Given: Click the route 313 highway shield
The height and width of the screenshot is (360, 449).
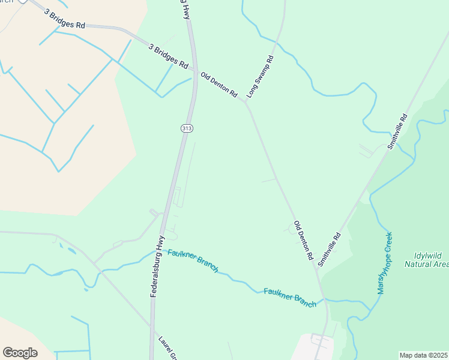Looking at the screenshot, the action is tap(186, 128).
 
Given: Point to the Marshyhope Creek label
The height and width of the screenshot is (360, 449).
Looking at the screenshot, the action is tap(384, 263).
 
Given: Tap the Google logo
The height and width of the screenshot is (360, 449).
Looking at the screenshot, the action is tap(20, 353).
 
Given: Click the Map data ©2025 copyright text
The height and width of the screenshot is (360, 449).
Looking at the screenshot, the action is tap(423, 355).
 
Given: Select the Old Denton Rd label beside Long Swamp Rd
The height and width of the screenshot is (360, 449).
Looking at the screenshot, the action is tap(219, 85).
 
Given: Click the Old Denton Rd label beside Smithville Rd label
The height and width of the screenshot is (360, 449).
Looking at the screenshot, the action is tap(304, 240).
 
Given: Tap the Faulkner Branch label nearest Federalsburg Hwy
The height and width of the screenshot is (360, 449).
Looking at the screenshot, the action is tap(193, 260).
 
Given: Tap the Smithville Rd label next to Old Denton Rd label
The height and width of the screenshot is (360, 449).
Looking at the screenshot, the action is tap(329, 249).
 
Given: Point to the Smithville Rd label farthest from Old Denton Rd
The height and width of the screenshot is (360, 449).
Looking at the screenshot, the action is tap(397, 131).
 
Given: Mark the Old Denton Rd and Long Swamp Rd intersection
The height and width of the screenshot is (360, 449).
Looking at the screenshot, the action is tap(245, 101).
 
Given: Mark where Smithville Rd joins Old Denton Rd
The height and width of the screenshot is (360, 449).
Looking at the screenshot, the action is tap(317, 268).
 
